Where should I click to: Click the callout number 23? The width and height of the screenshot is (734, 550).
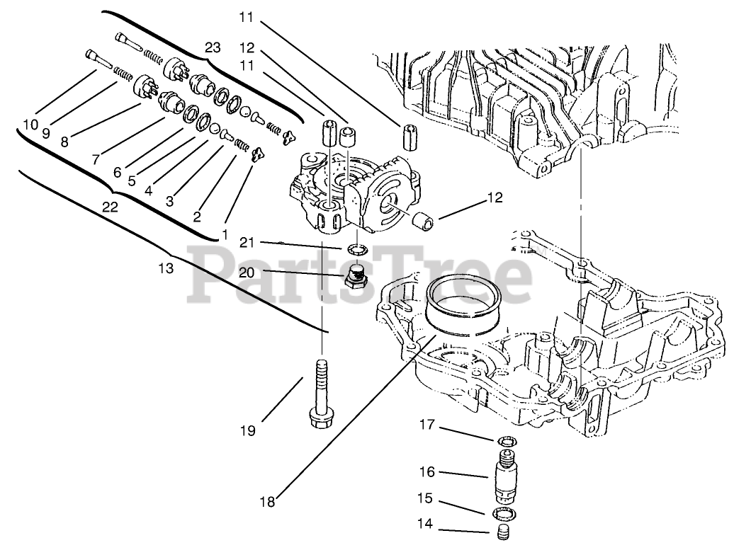(x=213, y=47)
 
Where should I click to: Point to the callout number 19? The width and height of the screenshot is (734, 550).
(x=247, y=430)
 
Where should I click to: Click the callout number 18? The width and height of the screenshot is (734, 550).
(x=266, y=503)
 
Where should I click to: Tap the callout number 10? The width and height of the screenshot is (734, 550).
(x=30, y=125)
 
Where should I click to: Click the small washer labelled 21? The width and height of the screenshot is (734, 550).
(x=356, y=248)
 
